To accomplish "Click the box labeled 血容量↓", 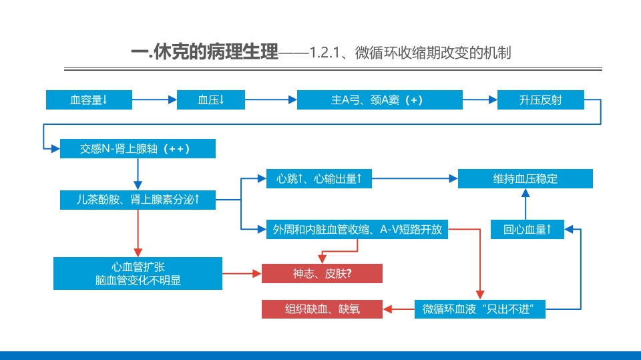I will pos(89,100).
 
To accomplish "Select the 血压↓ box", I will pos(210,100).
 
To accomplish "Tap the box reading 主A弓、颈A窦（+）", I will pos(379,100).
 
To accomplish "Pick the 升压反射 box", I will pos(540,100).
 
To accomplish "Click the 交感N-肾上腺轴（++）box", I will pos(138,149).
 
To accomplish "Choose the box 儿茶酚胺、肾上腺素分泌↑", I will pos(138,199).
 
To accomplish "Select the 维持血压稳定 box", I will pos(525,178).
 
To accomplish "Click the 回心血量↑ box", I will pos(527,230).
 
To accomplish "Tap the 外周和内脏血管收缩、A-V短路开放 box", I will pos(357,230).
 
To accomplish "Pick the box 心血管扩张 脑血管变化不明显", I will pos(138,274).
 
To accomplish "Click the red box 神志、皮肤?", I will pos(322,273).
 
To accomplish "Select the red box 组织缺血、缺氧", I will pos(322,309).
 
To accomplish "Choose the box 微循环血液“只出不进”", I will pos(479,309).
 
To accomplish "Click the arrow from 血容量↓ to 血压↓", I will pos(154,100).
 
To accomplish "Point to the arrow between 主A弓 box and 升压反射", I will pos(479,100).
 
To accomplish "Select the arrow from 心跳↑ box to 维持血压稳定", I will pos(414,178).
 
